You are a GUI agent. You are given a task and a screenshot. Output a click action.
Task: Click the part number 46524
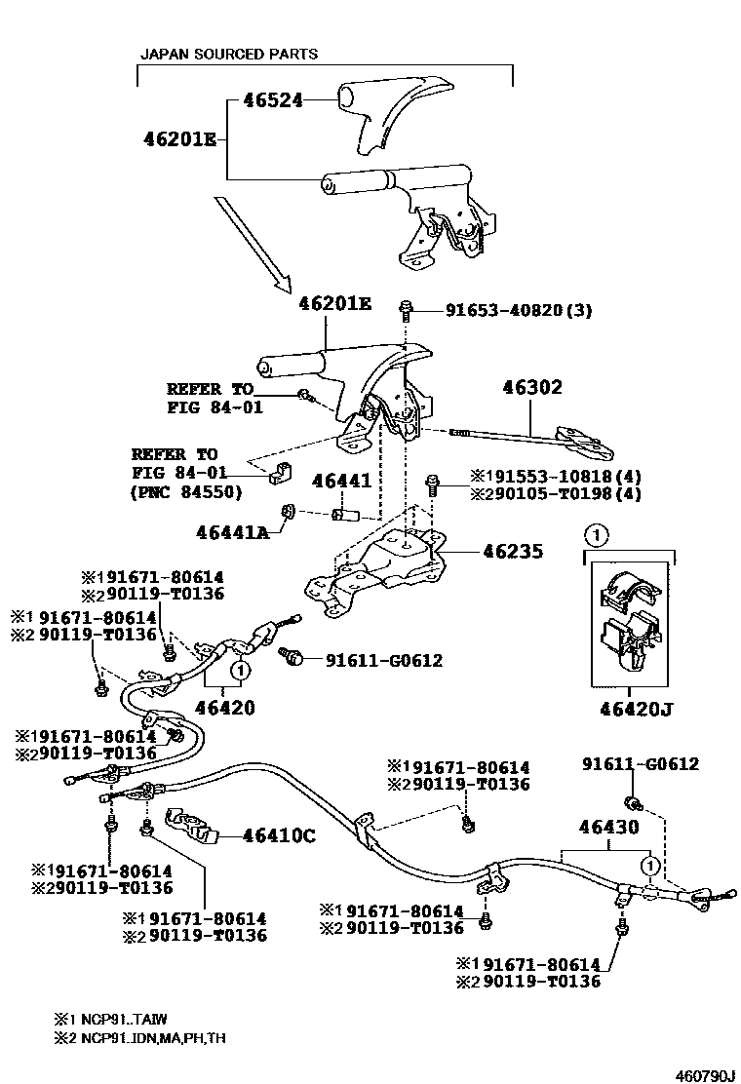coord(265,99)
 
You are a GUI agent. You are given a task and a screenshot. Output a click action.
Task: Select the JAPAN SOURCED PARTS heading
coord(229,55)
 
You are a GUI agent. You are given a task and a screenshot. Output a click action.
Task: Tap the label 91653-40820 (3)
coord(518,311)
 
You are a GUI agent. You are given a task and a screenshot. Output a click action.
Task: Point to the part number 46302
coord(531,387)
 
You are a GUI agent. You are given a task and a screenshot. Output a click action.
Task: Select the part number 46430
coord(608,827)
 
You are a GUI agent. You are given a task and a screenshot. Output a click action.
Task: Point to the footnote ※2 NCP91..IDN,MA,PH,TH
coord(143,1038)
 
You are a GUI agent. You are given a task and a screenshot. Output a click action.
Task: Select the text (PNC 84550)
coord(184,492)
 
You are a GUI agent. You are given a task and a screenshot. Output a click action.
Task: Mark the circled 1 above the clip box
coord(596,534)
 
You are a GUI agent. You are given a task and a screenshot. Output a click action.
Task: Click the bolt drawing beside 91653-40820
coord(407,310)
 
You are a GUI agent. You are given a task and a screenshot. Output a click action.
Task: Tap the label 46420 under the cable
coord(223,707)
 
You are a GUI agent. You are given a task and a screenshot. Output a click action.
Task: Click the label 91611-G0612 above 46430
coord(641,764)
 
